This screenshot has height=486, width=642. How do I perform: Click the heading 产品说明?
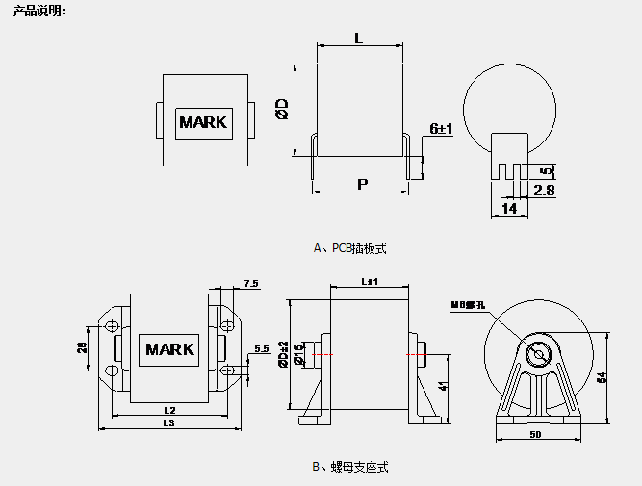pos(40,11)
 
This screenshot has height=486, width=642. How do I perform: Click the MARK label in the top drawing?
pos(203,122)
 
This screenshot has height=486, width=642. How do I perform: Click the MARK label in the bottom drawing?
pos(169,349)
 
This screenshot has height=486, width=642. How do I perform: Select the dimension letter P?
pos(362,183)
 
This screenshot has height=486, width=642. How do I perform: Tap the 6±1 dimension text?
pos(441,128)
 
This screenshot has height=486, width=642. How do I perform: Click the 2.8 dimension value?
pos(544,191)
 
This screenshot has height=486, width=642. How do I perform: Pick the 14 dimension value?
pos(509,208)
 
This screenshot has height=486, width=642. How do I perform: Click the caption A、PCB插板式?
pos(350,248)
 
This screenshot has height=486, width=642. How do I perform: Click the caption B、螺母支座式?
pos(350,467)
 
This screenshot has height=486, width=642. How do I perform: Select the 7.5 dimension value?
pos(251,283)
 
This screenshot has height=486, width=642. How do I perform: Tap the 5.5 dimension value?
pos(261,348)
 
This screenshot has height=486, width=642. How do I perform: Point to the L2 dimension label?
pos(168,410)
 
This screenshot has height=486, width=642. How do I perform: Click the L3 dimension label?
pos(168,422)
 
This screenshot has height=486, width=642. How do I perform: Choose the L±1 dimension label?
pos(370,282)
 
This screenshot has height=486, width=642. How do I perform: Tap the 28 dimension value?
pos(84,348)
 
